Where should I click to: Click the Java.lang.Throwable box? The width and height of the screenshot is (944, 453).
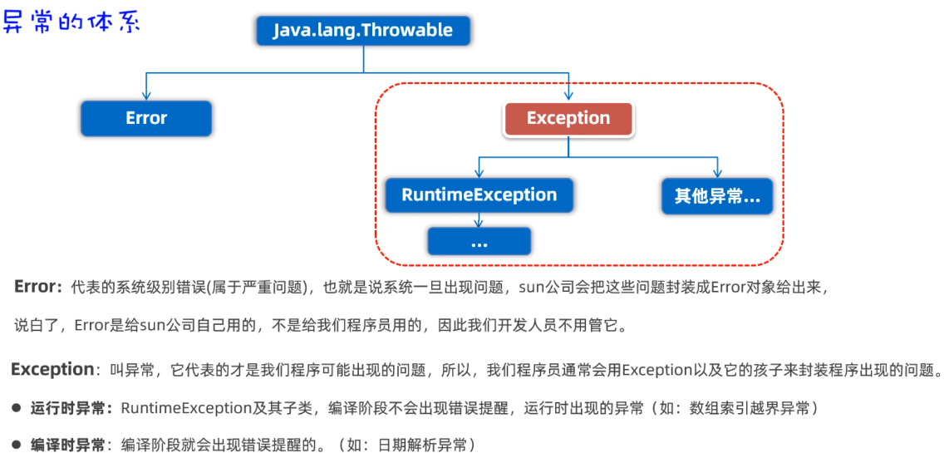[x=363, y=30]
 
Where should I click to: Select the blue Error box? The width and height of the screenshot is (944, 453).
[x=146, y=118]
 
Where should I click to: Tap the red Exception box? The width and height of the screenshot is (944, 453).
[x=568, y=119]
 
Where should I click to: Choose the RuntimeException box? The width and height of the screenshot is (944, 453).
[x=479, y=195]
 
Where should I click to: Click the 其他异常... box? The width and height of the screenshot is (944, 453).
[x=717, y=196]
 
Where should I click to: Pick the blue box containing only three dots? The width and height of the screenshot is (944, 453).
[x=479, y=241]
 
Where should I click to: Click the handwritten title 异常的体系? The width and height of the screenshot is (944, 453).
[x=71, y=22]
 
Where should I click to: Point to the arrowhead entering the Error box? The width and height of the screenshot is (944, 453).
[x=146, y=96]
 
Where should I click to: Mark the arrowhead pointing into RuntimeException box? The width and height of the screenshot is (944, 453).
[x=479, y=174]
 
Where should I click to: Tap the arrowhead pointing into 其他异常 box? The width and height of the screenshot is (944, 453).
[x=717, y=174]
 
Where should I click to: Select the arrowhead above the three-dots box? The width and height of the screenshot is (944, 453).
[x=479, y=222]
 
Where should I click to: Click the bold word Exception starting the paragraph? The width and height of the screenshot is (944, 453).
[x=52, y=369]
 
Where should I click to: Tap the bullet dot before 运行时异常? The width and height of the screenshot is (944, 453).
[x=17, y=409]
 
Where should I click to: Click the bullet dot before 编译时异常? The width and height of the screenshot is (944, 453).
[x=17, y=446]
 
